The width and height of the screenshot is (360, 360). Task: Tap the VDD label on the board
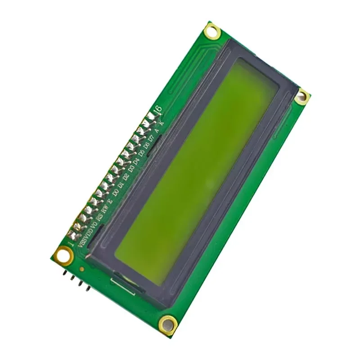[88, 232]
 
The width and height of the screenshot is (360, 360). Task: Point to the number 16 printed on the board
[157, 109]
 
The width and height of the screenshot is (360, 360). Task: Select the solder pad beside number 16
[149, 117]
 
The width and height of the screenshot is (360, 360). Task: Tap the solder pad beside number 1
[72, 234]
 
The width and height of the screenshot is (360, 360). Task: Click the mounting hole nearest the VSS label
[63, 255]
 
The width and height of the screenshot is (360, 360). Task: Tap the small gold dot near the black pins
[82, 269]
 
